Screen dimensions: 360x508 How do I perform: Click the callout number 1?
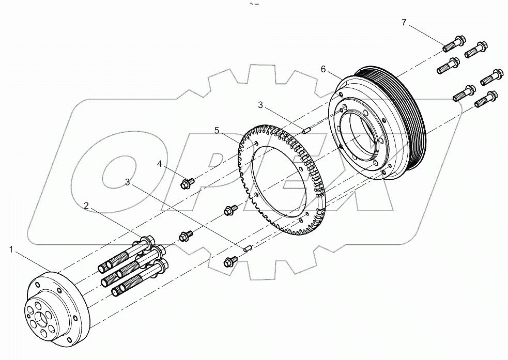pos(11,249)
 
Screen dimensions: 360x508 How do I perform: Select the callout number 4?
pos(160,164)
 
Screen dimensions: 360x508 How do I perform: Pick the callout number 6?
pos(323,69)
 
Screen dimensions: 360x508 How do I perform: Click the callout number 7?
pos(404,22)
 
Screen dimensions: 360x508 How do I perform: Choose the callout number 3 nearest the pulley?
pos(261,105)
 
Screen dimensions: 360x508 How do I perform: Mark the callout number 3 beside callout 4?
pos(127,182)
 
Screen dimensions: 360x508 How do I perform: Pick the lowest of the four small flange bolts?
pos(229,262)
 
